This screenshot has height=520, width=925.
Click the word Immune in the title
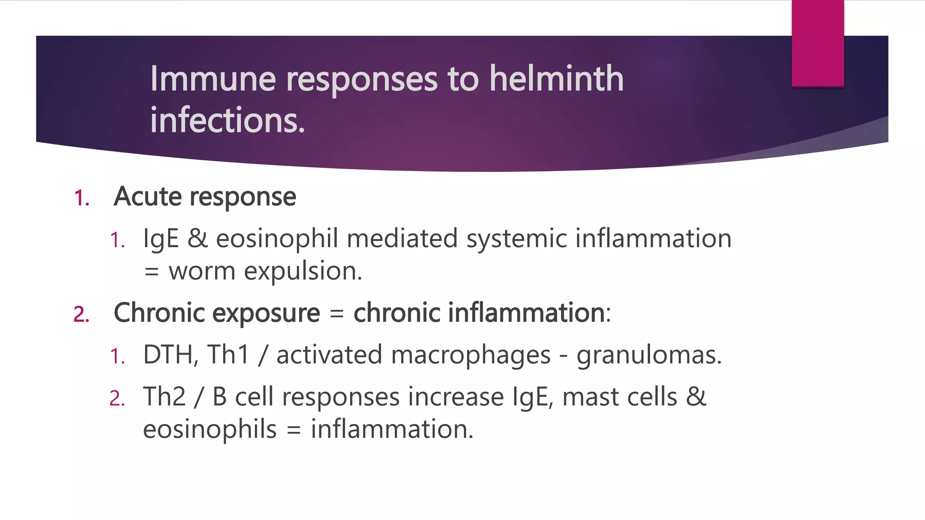[x=213, y=79]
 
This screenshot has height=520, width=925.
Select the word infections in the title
[x=227, y=120]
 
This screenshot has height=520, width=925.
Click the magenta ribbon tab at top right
[x=818, y=43]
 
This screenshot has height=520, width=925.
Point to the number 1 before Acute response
[x=81, y=198]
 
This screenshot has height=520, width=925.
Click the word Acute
[x=147, y=197]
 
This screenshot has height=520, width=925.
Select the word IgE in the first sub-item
[x=161, y=239]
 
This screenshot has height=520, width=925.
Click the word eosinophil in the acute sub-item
[x=277, y=239]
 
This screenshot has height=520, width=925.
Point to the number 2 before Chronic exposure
[x=81, y=314]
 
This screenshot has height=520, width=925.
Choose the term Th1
[x=228, y=355]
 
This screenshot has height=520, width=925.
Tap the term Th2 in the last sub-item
[x=164, y=397]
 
